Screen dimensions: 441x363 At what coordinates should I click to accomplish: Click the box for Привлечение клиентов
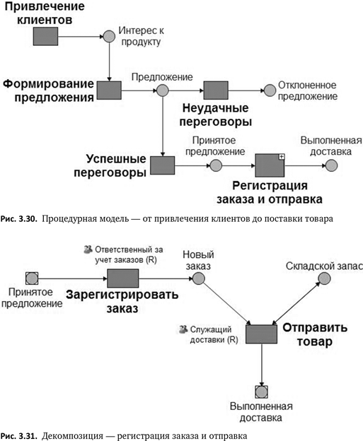pos(33,34)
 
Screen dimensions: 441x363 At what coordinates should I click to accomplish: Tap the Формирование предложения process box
pos(109,90)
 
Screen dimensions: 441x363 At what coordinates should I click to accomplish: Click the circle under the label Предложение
pos(162,90)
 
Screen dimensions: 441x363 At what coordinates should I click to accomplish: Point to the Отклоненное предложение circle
pos(269,90)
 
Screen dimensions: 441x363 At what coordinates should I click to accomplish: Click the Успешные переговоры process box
pos(162,165)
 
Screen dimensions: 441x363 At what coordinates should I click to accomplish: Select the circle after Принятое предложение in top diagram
pos(216,165)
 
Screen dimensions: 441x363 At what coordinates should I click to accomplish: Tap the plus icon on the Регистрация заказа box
pos(280,156)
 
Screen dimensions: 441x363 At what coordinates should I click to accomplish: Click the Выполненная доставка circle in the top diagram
pos(332,165)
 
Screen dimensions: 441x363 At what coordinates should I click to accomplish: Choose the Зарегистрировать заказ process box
pos(122,278)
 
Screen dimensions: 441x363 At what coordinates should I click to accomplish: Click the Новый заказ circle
pos(200,278)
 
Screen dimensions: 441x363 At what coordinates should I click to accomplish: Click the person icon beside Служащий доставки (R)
pos(184,329)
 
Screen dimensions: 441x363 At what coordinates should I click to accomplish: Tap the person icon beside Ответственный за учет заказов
pos(88,249)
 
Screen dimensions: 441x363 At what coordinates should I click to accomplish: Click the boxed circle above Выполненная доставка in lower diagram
pos(262,391)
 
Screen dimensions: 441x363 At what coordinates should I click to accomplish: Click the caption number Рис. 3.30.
pos(18,218)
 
